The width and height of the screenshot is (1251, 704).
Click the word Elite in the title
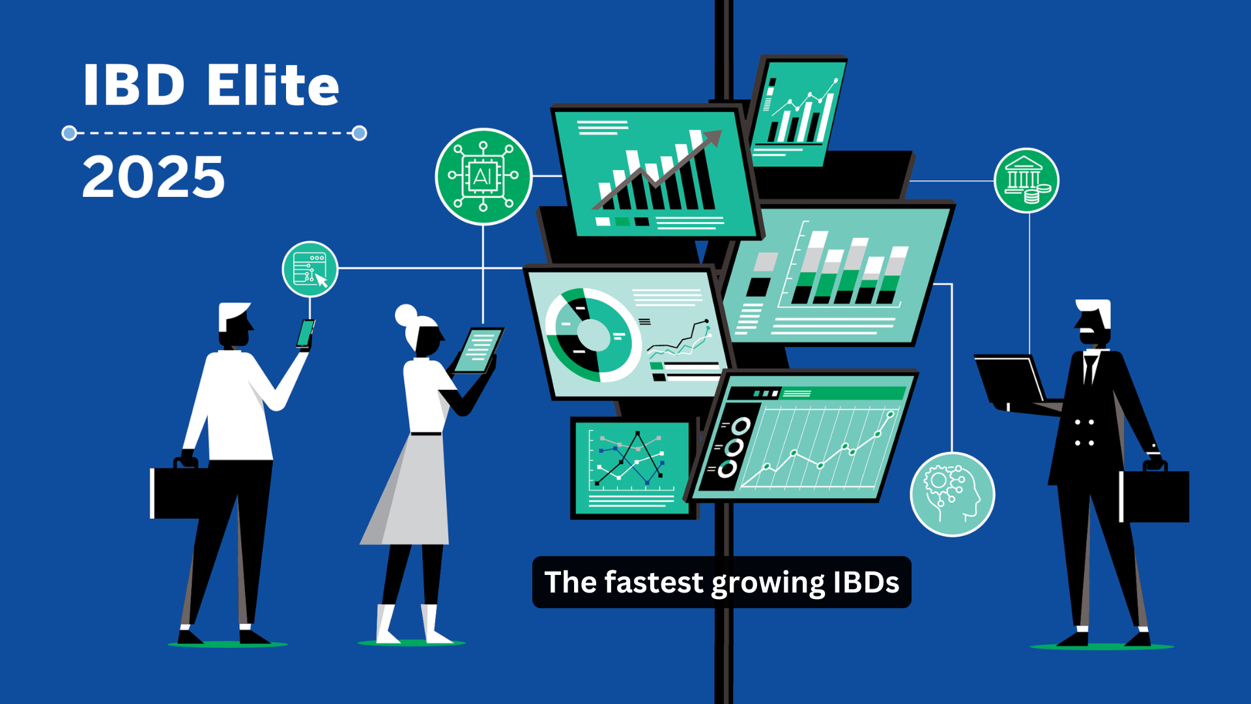click(273, 85)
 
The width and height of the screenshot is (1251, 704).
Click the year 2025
click(154, 177)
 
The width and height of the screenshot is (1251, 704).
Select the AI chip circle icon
click(483, 176)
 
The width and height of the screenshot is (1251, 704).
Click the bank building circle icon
click(1027, 181)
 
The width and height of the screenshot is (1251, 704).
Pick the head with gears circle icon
click(953, 494)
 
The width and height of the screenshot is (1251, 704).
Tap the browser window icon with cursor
click(310, 269)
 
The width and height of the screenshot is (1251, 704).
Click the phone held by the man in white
click(305, 333)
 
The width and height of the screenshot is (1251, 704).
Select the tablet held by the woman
click(478, 350)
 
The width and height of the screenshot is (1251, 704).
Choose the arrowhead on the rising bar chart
click(712, 138)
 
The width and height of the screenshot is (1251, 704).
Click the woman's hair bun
click(406, 315)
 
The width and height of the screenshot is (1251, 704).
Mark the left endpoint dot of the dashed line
click(69, 133)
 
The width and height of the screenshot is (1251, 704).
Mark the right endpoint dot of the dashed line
click(359, 133)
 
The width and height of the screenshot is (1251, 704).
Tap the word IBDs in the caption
click(866, 582)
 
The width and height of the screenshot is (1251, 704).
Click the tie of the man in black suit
click(1089, 370)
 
